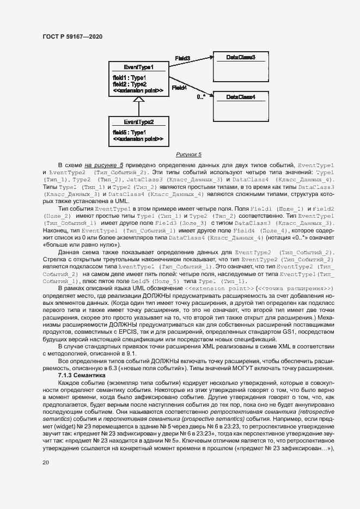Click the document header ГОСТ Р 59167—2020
(x=72, y=36)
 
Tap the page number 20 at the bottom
(x=46, y=463)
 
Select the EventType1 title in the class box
(x=139, y=67)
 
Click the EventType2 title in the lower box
(x=139, y=122)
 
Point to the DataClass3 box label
(x=240, y=57)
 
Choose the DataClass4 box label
(x=240, y=96)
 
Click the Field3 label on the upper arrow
(x=182, y=58)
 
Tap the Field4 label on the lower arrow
(x=179, y=87)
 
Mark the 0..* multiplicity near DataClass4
(x=201, y=97)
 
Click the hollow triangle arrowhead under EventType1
(x=139, y=100)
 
